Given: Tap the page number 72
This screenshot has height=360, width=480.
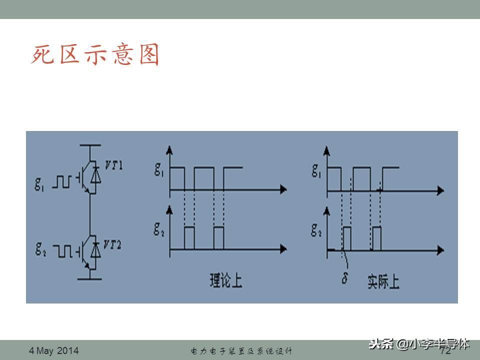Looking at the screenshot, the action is pos(445,351).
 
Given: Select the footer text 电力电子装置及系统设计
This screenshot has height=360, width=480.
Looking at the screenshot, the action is pos(241,351).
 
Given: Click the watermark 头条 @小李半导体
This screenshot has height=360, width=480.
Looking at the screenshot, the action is pos(419,344).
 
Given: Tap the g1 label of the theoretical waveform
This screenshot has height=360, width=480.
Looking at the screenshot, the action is pos(159,171).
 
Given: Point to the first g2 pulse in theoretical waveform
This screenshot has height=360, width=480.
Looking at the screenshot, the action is pos(189,237).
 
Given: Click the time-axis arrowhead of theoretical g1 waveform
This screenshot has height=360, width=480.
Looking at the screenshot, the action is pos(283,189).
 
